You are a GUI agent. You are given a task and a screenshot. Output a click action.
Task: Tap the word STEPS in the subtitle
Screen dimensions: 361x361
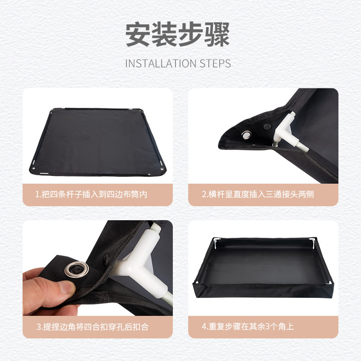[215, 63]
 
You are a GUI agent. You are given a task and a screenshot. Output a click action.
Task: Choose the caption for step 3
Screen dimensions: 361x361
[93, 326]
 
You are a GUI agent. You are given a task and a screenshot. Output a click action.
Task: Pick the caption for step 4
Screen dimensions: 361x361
[248, 326]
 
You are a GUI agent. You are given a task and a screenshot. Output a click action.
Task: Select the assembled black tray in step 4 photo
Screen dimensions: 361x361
[263, 266]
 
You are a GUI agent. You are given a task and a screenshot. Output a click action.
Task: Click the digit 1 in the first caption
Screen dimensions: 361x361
[37, 195]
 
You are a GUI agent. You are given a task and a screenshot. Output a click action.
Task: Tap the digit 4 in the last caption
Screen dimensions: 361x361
[204, 326]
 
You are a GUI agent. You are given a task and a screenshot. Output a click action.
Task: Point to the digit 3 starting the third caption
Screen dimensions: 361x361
[38, 326]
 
